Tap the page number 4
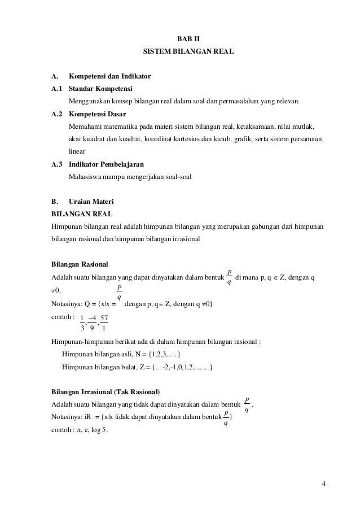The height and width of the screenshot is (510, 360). pyautogui.click(x=324, y=484)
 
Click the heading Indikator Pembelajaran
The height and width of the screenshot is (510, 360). pyautogui.click(x=106, y=164)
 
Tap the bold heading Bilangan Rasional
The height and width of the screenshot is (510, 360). pyautogui.click(x=80, y=264)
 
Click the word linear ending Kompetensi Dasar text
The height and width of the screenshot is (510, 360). pyautogui.click(x=77, y=152)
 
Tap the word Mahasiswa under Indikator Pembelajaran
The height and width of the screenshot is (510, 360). pyautogui.click(x=85, y=177)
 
